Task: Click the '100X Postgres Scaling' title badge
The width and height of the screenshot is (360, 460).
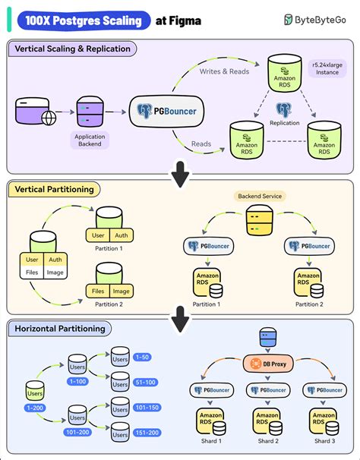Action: [x=81, y=20]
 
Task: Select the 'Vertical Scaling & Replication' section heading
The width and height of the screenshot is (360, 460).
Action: [x=73, y=49]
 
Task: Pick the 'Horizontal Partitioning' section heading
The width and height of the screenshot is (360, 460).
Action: [x=58, y=329]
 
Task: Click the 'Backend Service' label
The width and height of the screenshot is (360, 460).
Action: [x=261, y=195]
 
